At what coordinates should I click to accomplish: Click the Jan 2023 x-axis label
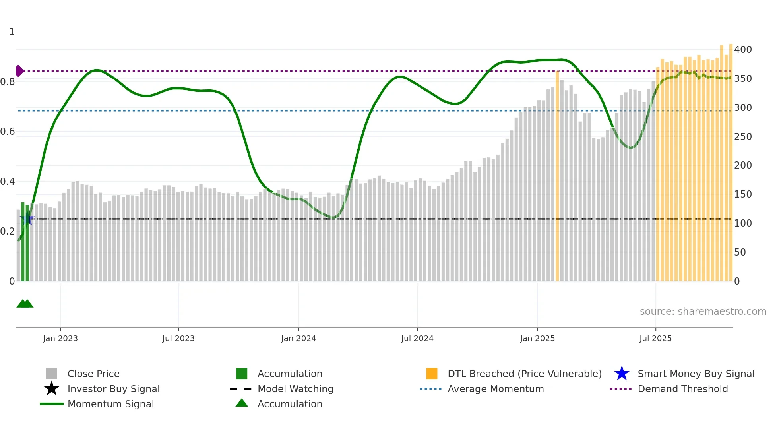[x=60, y=338]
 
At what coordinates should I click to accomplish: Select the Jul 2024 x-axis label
[x=417, y=338]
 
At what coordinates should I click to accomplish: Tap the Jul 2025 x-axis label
[x=655, y=338]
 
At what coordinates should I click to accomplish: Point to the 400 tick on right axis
[x=743, y=50]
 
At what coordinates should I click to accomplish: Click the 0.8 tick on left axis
[x=8, y=82]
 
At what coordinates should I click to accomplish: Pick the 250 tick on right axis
[x=743, y=137]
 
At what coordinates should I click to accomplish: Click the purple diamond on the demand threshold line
[x=19, y=71]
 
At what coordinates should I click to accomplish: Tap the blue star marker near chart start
[x=27, y=218]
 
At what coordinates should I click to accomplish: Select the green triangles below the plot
[x=25, y=304]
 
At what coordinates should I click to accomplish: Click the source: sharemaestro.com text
[x=703, y=312]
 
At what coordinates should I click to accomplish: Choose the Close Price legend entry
[x=93, y=374]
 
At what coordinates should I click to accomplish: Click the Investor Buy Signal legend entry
[x=113, y=389]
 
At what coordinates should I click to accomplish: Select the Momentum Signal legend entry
[x=110, y=404]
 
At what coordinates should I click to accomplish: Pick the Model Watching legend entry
[x=295, y=389]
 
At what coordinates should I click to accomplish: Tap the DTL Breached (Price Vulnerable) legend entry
[x=524, y=374]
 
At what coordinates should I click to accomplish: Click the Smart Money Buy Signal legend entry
[x=696, y=374]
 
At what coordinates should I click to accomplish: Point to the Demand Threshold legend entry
[x=682, y=389]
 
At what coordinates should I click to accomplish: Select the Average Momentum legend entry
[x=495, y=389]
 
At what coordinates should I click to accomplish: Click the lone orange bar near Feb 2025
[x=557, y=175]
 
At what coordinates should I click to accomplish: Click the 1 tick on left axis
[x=12, y=32]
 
